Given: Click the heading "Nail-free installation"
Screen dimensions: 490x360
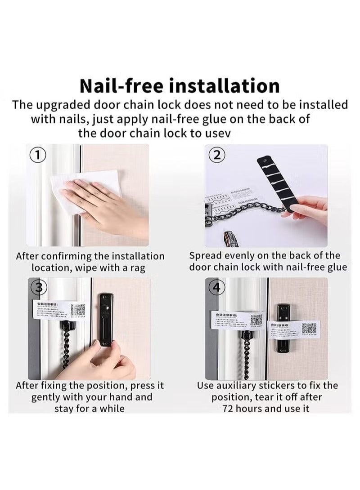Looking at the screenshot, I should tap(180, 85).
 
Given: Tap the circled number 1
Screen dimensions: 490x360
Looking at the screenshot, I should tap(38, 156).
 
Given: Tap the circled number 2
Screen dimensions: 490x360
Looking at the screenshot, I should tap(216, 156).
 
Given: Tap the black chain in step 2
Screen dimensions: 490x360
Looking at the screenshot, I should tap(252, 213).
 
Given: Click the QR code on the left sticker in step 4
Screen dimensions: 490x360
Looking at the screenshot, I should tap(256, 320).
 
